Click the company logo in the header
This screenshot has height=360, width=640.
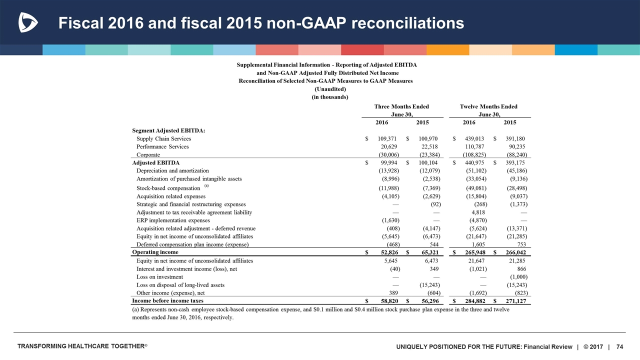tap(27, 22)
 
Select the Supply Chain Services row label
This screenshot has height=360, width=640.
tap(163, 138)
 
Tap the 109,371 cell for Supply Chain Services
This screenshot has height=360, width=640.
tap(385, 138)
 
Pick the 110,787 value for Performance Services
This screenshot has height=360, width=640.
tap(472, 146)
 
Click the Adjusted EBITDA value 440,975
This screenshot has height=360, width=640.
tap(472, 162)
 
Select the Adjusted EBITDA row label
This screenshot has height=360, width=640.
tap(155, 162)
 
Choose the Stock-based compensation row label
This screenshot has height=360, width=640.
tap(168, 188)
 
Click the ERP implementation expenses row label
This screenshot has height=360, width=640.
tap(173, 220)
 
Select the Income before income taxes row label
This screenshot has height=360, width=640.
tap(167, 301)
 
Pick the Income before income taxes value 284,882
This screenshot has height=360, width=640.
tap(472, 301)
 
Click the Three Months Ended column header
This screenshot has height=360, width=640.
tap(401, 106)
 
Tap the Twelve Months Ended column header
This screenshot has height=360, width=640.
tap(488, 106)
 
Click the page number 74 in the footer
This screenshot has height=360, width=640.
tap(620, 347)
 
